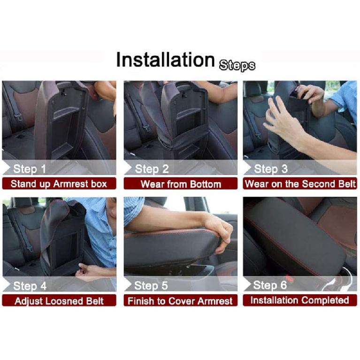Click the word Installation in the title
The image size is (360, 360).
165,60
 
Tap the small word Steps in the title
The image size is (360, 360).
237,65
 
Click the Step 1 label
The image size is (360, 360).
30,169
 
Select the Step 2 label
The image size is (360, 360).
152,169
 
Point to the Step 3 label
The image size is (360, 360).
270,169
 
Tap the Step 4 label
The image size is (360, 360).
30,286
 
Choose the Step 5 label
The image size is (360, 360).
152,286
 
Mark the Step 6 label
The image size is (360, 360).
270,285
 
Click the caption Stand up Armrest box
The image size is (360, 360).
59,184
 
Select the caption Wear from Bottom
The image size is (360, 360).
180,184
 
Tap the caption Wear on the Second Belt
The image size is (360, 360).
300,184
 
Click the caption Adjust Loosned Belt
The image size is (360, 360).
59,300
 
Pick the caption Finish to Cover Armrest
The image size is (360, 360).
180,300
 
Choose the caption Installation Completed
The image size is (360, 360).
300,300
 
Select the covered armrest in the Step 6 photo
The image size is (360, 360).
286,235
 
